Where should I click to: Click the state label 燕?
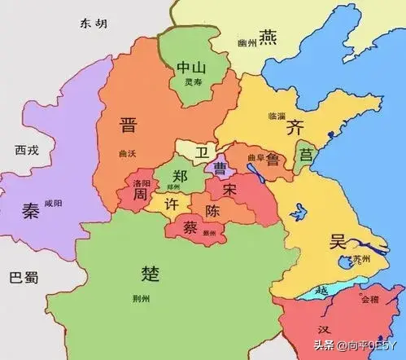(x=268, y=37)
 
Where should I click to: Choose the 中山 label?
(x=190, y=68)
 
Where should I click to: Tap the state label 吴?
(x=338, y=241)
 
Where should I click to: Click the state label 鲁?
(x=272, y=160)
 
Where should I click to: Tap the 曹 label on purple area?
(x=220, y=168)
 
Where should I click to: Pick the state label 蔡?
(x=187, y=226)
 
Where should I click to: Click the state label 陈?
(x=212, y=210)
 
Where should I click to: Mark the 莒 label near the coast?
(x=304, y=154)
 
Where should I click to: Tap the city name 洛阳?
(x=141, y=184)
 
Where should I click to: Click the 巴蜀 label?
(x=22, y=278)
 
